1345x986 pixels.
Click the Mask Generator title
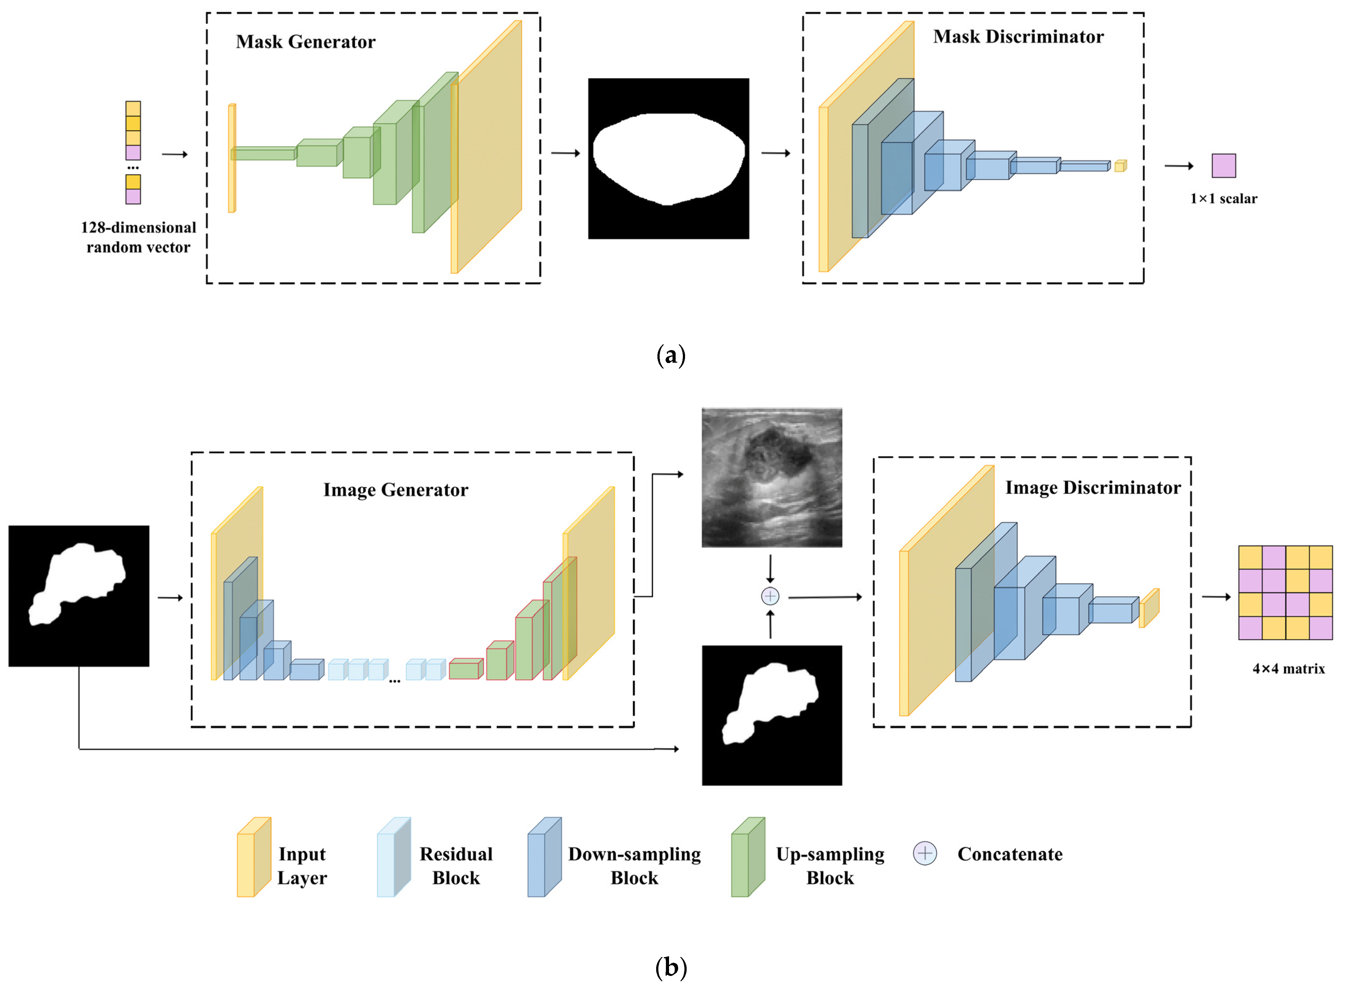click(305, 42)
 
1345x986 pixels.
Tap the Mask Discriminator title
click(1018, 37)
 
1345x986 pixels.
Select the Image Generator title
click(396, 490)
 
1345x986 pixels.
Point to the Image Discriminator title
click(1093, 488)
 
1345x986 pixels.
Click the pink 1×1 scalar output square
click(1223, 166)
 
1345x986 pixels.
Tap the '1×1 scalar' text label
click(1223, 199)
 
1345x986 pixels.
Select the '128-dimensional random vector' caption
click(138, 237)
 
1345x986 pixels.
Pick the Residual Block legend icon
click(393, 857)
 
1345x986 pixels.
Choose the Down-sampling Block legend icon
click(543, 857)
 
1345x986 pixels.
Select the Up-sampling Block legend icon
click(748, 857)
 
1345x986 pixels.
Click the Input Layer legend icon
click(254, 857)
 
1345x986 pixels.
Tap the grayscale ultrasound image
click(772, 478)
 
